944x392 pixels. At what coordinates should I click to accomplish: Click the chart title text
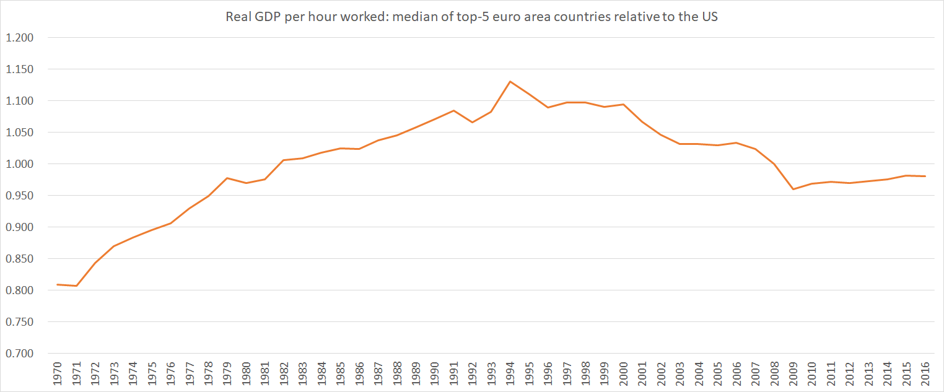pyautogui.click(x=471, y=17)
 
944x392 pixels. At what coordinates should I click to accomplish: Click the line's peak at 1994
pyautogui.click(x=510, y=81)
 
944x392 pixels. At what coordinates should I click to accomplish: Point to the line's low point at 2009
pyautogui.click(x=793, y=189)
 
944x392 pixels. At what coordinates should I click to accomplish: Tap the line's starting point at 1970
pyautogui.click(x=58, y=284)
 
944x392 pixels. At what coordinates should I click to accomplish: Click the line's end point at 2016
pyautogui.click(x=925, y=176)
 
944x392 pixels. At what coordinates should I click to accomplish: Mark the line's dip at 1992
pyautogui.click(x=472, y=122)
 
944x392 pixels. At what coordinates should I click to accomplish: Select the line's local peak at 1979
pyautogui.click(x=227, y=178)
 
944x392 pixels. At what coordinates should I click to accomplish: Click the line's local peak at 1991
pyautogui.click(x=453, y=110)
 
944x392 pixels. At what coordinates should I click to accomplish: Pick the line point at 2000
pyautogui.click(x=623, y=104)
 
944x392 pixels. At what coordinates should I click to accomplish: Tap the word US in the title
pyautogui.click(x=710, y=17)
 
